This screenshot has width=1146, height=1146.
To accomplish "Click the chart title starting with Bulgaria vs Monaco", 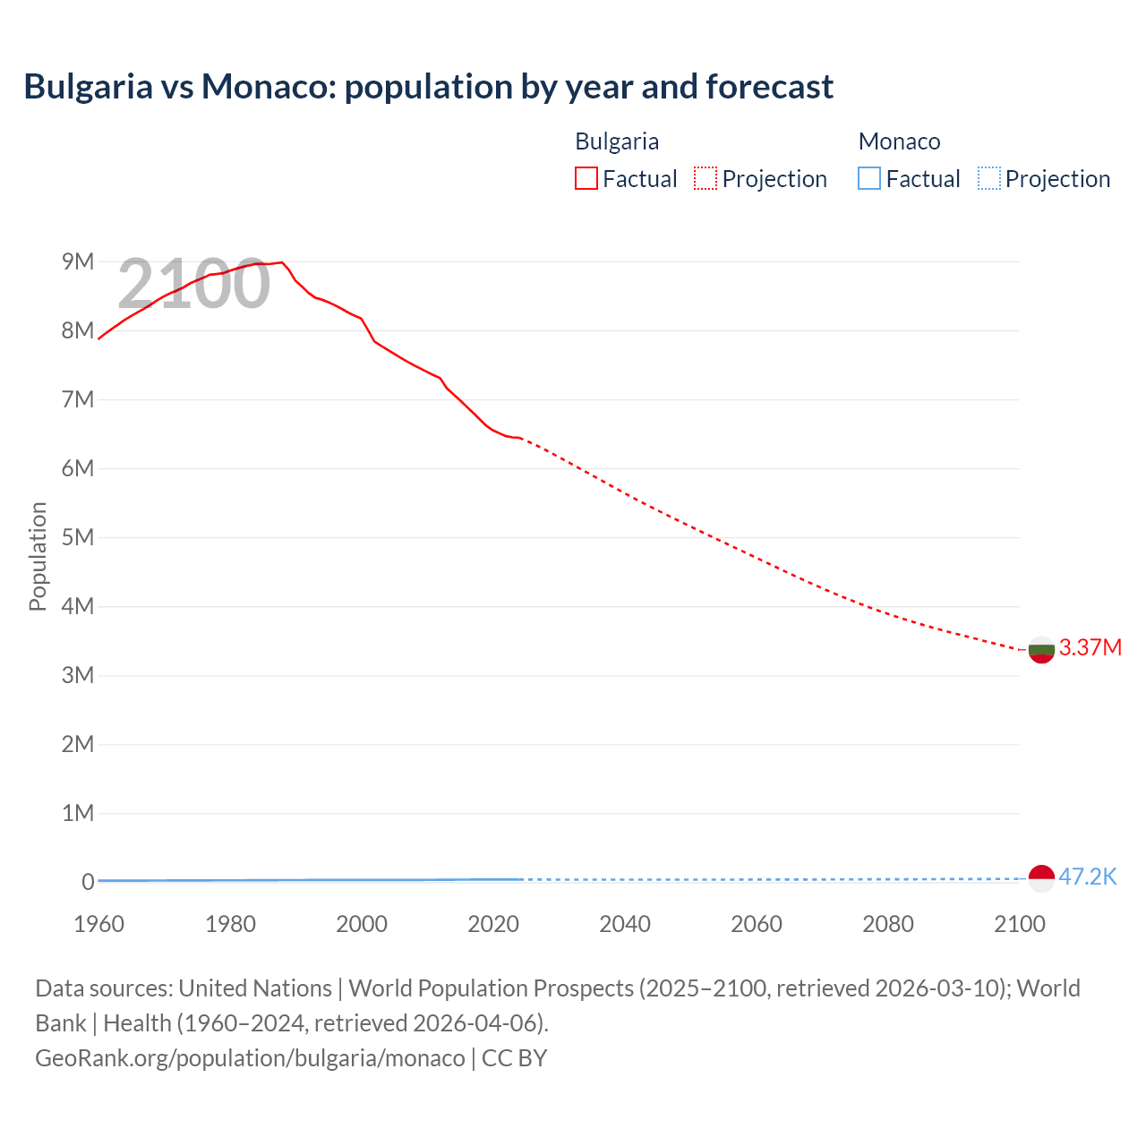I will point(428,87).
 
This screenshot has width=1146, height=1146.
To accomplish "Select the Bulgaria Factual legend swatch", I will point(586,178).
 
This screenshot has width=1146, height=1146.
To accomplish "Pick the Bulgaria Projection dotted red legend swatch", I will point(706,178).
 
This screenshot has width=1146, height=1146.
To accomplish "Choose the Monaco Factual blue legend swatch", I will point(868,178).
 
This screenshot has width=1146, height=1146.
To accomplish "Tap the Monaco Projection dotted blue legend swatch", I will point(988,178).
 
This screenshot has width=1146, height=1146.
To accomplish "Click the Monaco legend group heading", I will point(899,141).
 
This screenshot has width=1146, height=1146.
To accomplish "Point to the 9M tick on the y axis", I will point(78,261).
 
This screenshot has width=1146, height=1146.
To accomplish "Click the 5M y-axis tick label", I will point(78,537).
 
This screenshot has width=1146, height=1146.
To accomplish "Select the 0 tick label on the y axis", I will point(88,882).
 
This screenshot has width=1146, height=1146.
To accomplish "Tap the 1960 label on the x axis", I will point(98,924).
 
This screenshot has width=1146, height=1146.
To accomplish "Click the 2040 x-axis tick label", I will point(625,924).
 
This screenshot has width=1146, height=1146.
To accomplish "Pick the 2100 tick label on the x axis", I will point(1019,924).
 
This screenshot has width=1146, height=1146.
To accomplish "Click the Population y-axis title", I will point(38,556).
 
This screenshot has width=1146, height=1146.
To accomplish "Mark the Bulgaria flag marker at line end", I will point(1041,650).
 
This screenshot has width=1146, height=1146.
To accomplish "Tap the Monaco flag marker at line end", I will point(1041,878).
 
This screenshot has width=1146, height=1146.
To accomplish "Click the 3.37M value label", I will point(1090,647).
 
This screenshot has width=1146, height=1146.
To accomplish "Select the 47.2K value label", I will point(1087,877).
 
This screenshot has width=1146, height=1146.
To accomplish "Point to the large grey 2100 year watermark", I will point(193,284).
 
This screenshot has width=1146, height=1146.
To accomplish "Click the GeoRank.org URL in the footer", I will point(250,1057).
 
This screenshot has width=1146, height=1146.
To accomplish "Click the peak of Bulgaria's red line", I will point(282,262).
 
